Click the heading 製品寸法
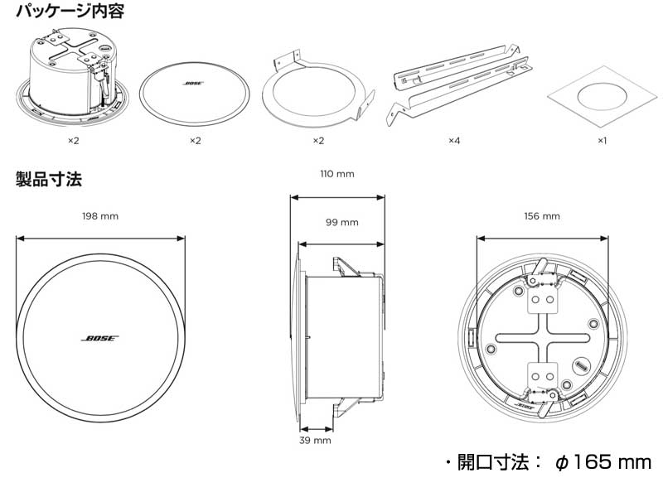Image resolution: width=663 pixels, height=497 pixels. (x=49, y=178)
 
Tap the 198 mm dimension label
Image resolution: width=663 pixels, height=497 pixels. (x=100, y=216)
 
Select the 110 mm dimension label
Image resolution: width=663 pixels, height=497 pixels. (x=337, y=174)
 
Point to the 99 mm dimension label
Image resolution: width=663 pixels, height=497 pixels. (x=341, y=222)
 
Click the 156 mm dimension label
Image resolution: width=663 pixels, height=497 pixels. (x=543, y=216)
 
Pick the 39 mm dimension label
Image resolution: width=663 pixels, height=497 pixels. (x=315, y=441)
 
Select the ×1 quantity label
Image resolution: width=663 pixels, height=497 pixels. (x=603, y=141)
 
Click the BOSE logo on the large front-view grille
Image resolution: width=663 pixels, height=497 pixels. (x=100, y=339)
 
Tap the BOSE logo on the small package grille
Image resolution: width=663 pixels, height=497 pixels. (x=194, y=84)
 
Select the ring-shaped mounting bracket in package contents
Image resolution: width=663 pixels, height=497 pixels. (x=317, y=91)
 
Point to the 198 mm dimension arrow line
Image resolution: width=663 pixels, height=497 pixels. (x=100, y=238)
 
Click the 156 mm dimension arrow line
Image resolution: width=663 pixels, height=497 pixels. (x=543, y=238)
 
